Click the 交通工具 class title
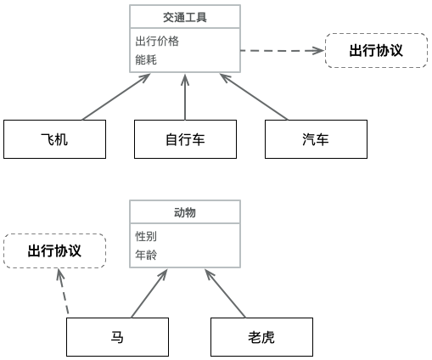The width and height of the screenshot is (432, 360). (185, 17)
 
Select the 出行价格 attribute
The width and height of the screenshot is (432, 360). (157, 41)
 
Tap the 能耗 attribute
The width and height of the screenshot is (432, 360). (146, 59)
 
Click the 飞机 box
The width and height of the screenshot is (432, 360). (54, 139)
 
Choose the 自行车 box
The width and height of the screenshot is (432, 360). (185, 139)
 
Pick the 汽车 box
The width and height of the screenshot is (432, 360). (316, 139)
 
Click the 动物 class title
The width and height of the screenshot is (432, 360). (185, 212)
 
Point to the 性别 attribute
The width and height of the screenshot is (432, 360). (146, 236)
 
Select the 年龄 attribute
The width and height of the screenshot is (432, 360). (146, 255)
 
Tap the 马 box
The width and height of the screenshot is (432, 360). (117, 337)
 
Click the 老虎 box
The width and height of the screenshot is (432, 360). (261, 337)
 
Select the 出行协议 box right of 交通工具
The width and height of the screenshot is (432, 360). (376, 50)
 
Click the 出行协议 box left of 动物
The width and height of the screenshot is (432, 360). (54, 250)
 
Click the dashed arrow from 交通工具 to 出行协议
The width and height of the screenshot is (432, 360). (283, 51)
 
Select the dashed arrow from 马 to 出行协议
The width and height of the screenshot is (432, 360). (63, 291)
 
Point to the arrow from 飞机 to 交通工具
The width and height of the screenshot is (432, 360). (116, 97)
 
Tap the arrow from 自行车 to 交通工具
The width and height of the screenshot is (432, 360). (185, 98)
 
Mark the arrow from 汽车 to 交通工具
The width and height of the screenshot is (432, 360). (254, 97)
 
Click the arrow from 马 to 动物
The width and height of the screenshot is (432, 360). (149, 294)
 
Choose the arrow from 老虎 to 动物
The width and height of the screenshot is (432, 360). (225, 294)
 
